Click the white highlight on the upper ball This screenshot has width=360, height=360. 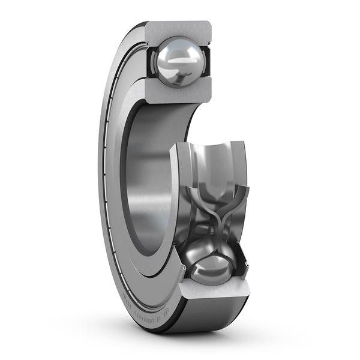[180, 60]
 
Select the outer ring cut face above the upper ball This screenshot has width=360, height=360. [180, 29]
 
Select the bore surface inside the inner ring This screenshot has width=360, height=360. [150, 180]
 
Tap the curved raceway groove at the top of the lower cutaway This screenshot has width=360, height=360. [213, 157]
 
